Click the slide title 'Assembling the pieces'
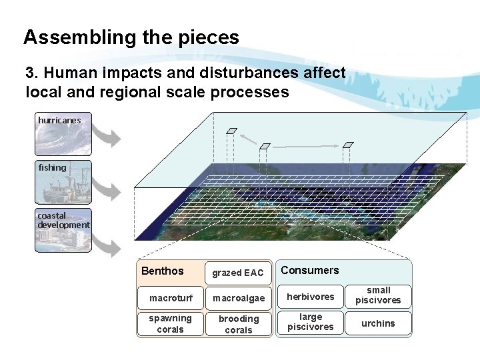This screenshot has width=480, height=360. (131, 37)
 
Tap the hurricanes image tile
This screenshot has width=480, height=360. (63, 134)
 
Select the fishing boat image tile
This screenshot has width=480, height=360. (63, 182)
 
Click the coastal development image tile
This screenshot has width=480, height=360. (63, 231)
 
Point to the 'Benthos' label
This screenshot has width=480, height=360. (162, 271)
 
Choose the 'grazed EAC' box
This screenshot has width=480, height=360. (238, 273)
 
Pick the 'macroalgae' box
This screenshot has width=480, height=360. (238, 298)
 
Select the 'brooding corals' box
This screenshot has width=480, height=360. (238, 324)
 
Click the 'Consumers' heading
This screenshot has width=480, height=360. (309, 270)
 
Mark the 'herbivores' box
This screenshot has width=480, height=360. (310, 297)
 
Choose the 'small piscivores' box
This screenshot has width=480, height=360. (378, 295)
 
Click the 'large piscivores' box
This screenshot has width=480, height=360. (310, 322)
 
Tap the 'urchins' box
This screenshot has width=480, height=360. (378, 323)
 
